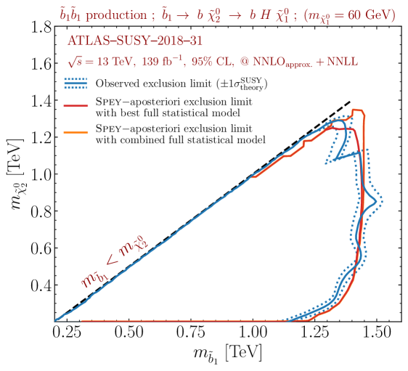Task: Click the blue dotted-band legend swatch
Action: [76, 84]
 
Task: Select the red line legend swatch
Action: [76, 106]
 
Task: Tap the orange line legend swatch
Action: [76, 133]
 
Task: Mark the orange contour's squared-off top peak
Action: [357, 111]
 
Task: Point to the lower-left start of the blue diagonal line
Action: [57, 319]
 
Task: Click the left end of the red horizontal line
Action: [81, 320]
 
